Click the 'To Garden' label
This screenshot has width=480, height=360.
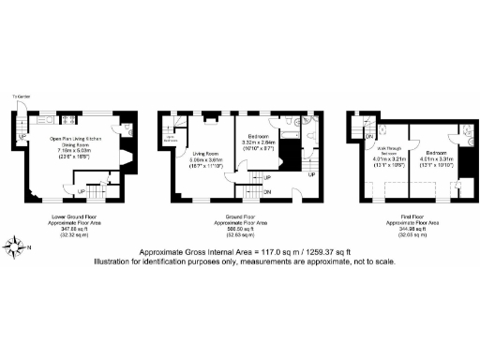[19, 97]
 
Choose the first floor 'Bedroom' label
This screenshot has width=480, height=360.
[437, 152]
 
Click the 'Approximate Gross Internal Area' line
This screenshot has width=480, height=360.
[240, 252]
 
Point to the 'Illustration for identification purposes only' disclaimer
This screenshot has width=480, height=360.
[240, 262]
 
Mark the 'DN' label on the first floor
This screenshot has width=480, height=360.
[354, 137]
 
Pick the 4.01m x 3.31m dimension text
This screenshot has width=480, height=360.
[437, 158]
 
